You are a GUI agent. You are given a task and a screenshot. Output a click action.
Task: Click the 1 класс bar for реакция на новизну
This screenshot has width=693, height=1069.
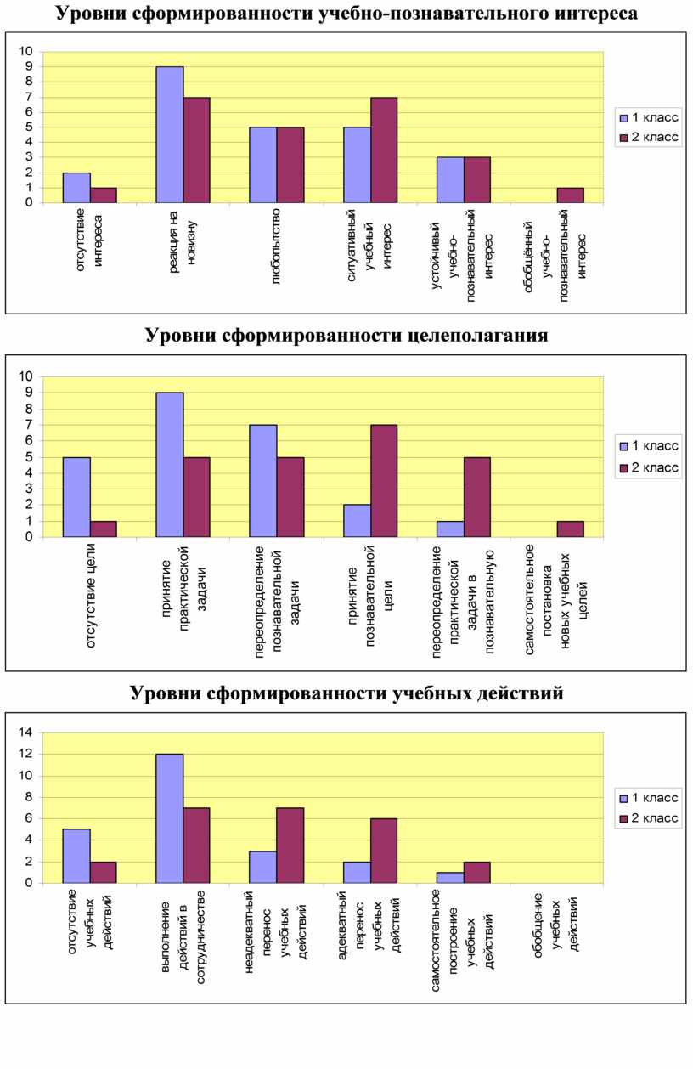170,134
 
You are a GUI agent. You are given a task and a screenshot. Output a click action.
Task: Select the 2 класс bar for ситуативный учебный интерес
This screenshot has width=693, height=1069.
384,150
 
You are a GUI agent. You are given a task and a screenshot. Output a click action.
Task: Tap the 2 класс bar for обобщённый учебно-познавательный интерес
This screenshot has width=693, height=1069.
571,195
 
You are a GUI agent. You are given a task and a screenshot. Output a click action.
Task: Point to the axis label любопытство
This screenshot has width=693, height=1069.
276,246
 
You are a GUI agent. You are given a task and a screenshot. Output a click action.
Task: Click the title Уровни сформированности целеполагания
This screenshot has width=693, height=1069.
346,335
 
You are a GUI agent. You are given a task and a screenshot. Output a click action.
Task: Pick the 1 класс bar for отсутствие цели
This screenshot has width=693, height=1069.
76,497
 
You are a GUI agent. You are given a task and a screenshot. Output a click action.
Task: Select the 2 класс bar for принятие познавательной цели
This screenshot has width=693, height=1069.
384,481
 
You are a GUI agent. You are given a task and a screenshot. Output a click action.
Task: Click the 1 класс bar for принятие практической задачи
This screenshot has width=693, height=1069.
170,465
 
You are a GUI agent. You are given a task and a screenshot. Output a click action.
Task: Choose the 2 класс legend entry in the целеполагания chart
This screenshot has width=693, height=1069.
649,467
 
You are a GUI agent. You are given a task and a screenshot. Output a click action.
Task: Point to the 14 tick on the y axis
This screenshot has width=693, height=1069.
25,732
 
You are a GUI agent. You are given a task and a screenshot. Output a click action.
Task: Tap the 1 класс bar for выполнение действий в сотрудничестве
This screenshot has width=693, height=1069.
170,818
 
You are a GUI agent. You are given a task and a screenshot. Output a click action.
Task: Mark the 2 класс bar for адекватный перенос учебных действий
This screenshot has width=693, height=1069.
384,851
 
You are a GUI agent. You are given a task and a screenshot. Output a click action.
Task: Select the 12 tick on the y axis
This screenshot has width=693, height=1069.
25,754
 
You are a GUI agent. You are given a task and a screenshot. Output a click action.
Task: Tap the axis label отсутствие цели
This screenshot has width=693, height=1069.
91,595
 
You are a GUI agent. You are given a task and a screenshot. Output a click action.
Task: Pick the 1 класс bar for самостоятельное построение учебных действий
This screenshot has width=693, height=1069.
450,878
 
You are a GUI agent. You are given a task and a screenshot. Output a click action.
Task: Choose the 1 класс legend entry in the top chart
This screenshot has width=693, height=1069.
649,117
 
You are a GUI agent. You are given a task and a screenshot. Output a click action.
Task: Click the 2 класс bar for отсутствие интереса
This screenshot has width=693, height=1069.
104,195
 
